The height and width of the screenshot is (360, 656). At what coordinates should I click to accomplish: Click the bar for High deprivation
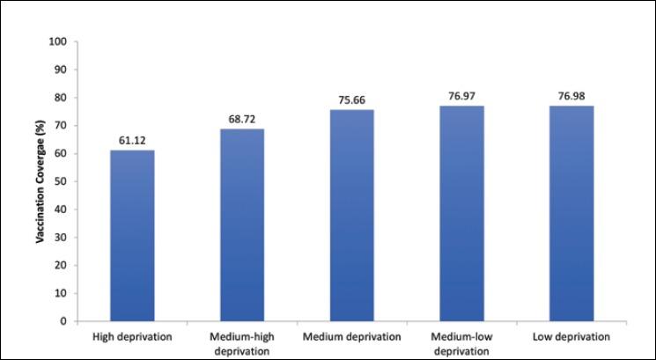[131, 236]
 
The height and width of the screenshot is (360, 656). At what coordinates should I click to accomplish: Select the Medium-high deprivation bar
[241, 225]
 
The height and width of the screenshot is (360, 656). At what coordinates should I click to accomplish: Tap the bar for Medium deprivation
[351, 216]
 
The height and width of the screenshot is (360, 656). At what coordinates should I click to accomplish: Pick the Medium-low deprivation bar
[461, 214]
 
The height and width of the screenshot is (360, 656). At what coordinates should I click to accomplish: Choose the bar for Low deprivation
[571, 214]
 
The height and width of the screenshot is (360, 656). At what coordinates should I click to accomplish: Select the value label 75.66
[351, 100]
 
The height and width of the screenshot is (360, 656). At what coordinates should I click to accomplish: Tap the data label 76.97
[461, 97]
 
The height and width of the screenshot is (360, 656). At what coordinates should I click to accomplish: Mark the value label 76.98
[571, 97]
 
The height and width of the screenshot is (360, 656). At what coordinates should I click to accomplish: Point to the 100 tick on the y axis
[58, 41]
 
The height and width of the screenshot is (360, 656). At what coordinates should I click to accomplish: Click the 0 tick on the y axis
[63, 321]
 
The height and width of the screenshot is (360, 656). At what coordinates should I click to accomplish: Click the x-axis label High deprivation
[131, 336]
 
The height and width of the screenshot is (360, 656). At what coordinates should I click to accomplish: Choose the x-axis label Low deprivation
[571, 336]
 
